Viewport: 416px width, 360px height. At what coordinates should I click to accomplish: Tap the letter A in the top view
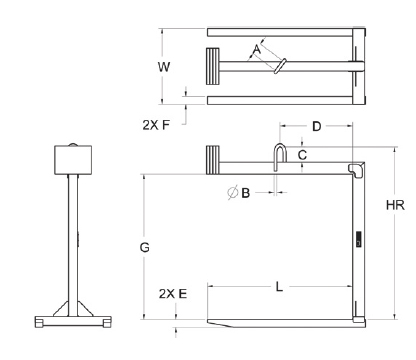pyautogui.click(x=257, y=48)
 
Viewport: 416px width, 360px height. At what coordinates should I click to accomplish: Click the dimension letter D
pyautogui.click(x=316, y=126)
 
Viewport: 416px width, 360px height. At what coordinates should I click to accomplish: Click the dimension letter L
pyautogui.click(x=279, y=288)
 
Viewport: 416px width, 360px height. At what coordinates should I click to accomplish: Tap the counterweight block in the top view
pyautogui.click(x=214, y=69)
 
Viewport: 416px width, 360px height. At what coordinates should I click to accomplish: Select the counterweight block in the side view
pyautogui.click(x=212, y=160)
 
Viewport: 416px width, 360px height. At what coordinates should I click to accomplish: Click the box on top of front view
pyautogui.click(x=69, y=158)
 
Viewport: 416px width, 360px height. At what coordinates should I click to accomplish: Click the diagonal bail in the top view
pyautogui.click(x=279, y=67)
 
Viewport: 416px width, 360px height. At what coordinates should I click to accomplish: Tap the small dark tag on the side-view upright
pyautogui.click(x=356, y=240)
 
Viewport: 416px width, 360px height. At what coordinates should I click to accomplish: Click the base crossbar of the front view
pyautogui.click(x=69, y=322)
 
